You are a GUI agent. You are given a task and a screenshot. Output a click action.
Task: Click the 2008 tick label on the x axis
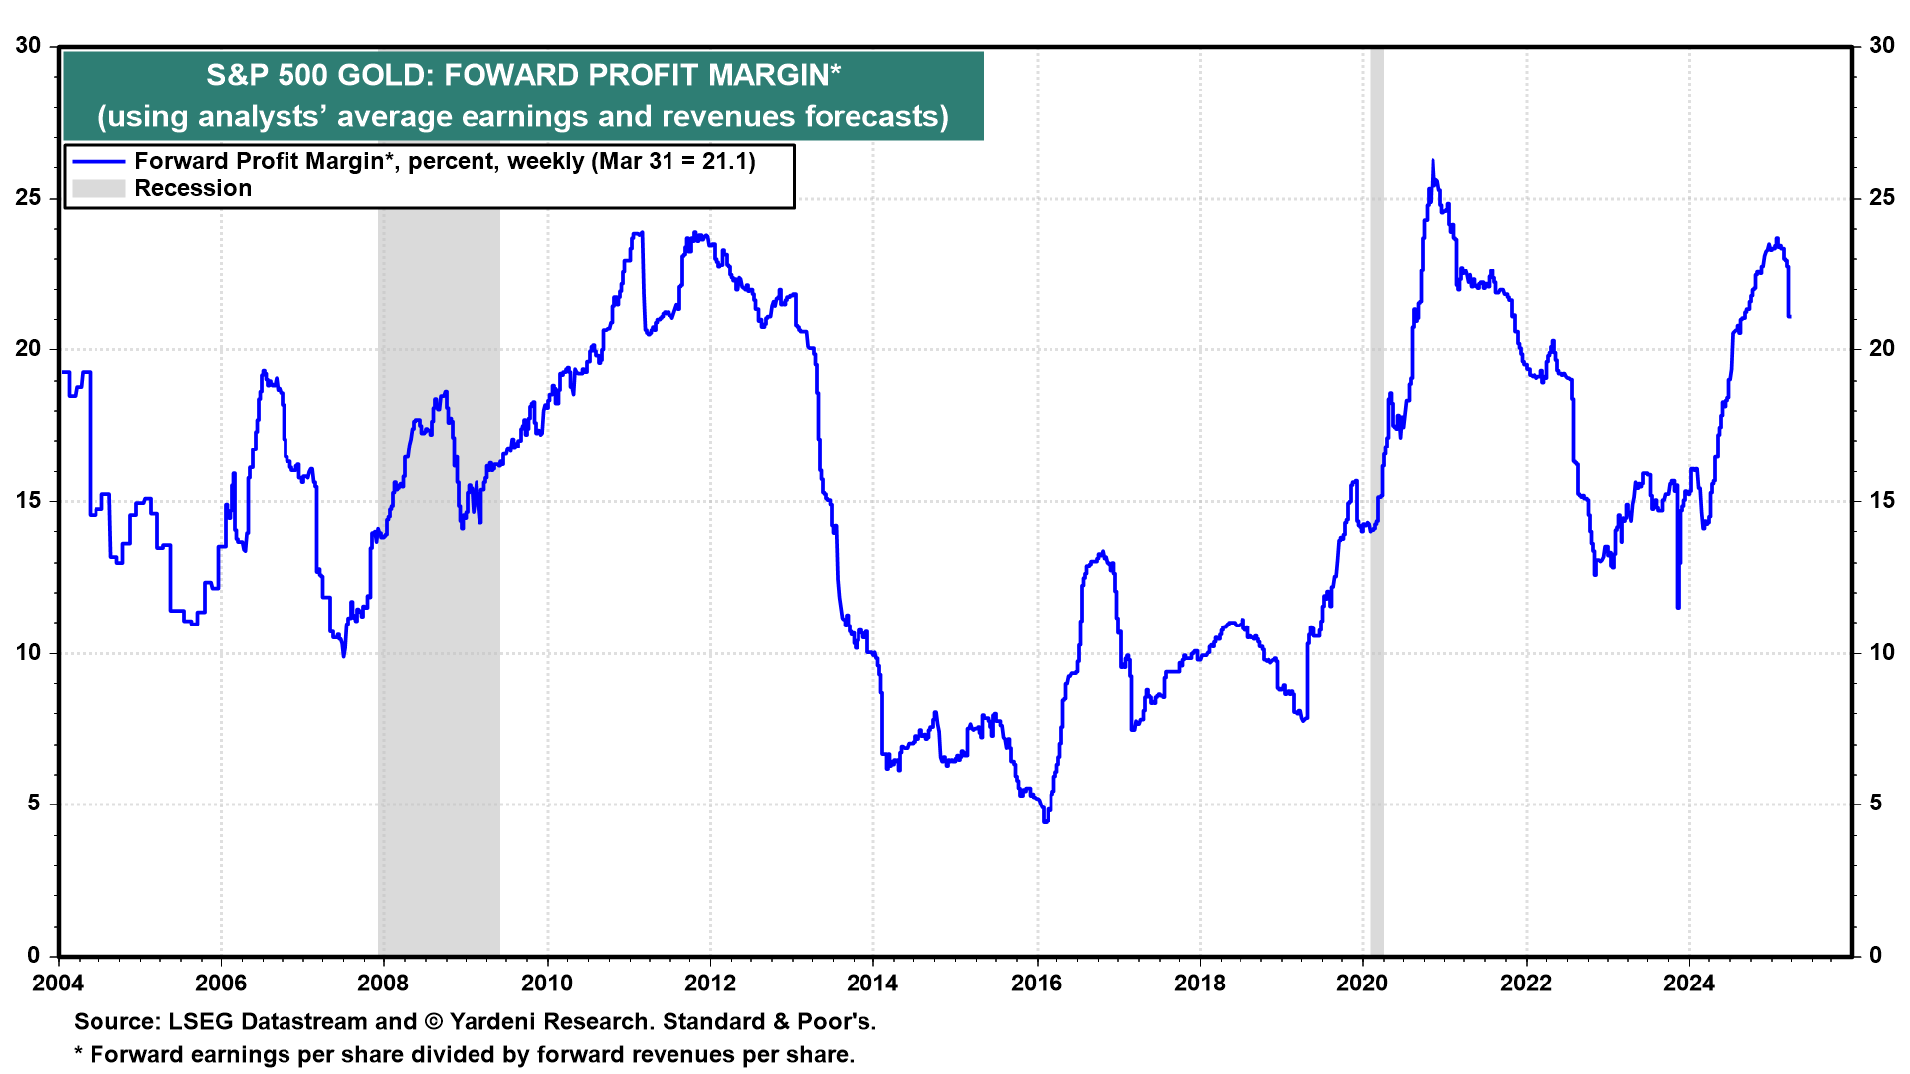383,984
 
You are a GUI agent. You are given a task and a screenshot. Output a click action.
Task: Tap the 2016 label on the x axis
1037,984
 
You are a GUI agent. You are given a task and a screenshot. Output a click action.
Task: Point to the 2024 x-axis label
1689,984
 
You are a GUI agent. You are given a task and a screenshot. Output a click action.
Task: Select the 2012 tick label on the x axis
710,984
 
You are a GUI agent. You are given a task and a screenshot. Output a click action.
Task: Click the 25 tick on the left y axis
29,198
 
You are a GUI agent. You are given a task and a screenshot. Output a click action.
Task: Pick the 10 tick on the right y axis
1882,653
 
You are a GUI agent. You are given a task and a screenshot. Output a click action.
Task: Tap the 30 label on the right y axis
1882,46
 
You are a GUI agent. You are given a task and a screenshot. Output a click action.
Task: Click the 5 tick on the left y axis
35,804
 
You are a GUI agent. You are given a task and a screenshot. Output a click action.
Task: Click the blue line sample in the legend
98,162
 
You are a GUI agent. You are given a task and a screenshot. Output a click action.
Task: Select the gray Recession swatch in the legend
98,189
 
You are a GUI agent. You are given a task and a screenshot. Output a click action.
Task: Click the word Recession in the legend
193,189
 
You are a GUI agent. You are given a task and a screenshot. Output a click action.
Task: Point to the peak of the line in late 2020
1432,161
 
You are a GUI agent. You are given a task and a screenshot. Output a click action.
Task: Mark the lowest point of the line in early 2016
1045,821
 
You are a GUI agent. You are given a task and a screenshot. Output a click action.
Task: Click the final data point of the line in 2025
1789,316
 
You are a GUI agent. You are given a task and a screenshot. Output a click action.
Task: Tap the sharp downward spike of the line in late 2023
1678,606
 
